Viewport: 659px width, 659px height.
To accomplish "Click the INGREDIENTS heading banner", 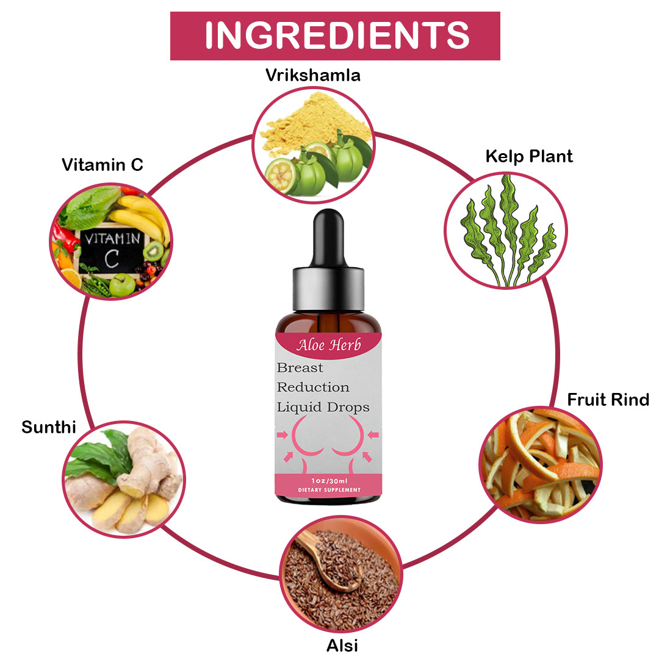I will (335, 36).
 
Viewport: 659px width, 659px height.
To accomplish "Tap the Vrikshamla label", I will (312, 75).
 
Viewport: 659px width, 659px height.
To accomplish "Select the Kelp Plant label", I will (529, 156).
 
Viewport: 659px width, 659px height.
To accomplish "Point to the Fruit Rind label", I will (608, 400).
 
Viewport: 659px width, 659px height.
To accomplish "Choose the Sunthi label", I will (49, 427).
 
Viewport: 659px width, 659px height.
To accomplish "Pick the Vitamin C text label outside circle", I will (103, 164).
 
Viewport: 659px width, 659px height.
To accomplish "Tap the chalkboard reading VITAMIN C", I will (112, 251).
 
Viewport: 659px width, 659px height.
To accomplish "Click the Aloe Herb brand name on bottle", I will (329, 345).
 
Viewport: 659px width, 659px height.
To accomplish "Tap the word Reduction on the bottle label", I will (313, 387).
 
